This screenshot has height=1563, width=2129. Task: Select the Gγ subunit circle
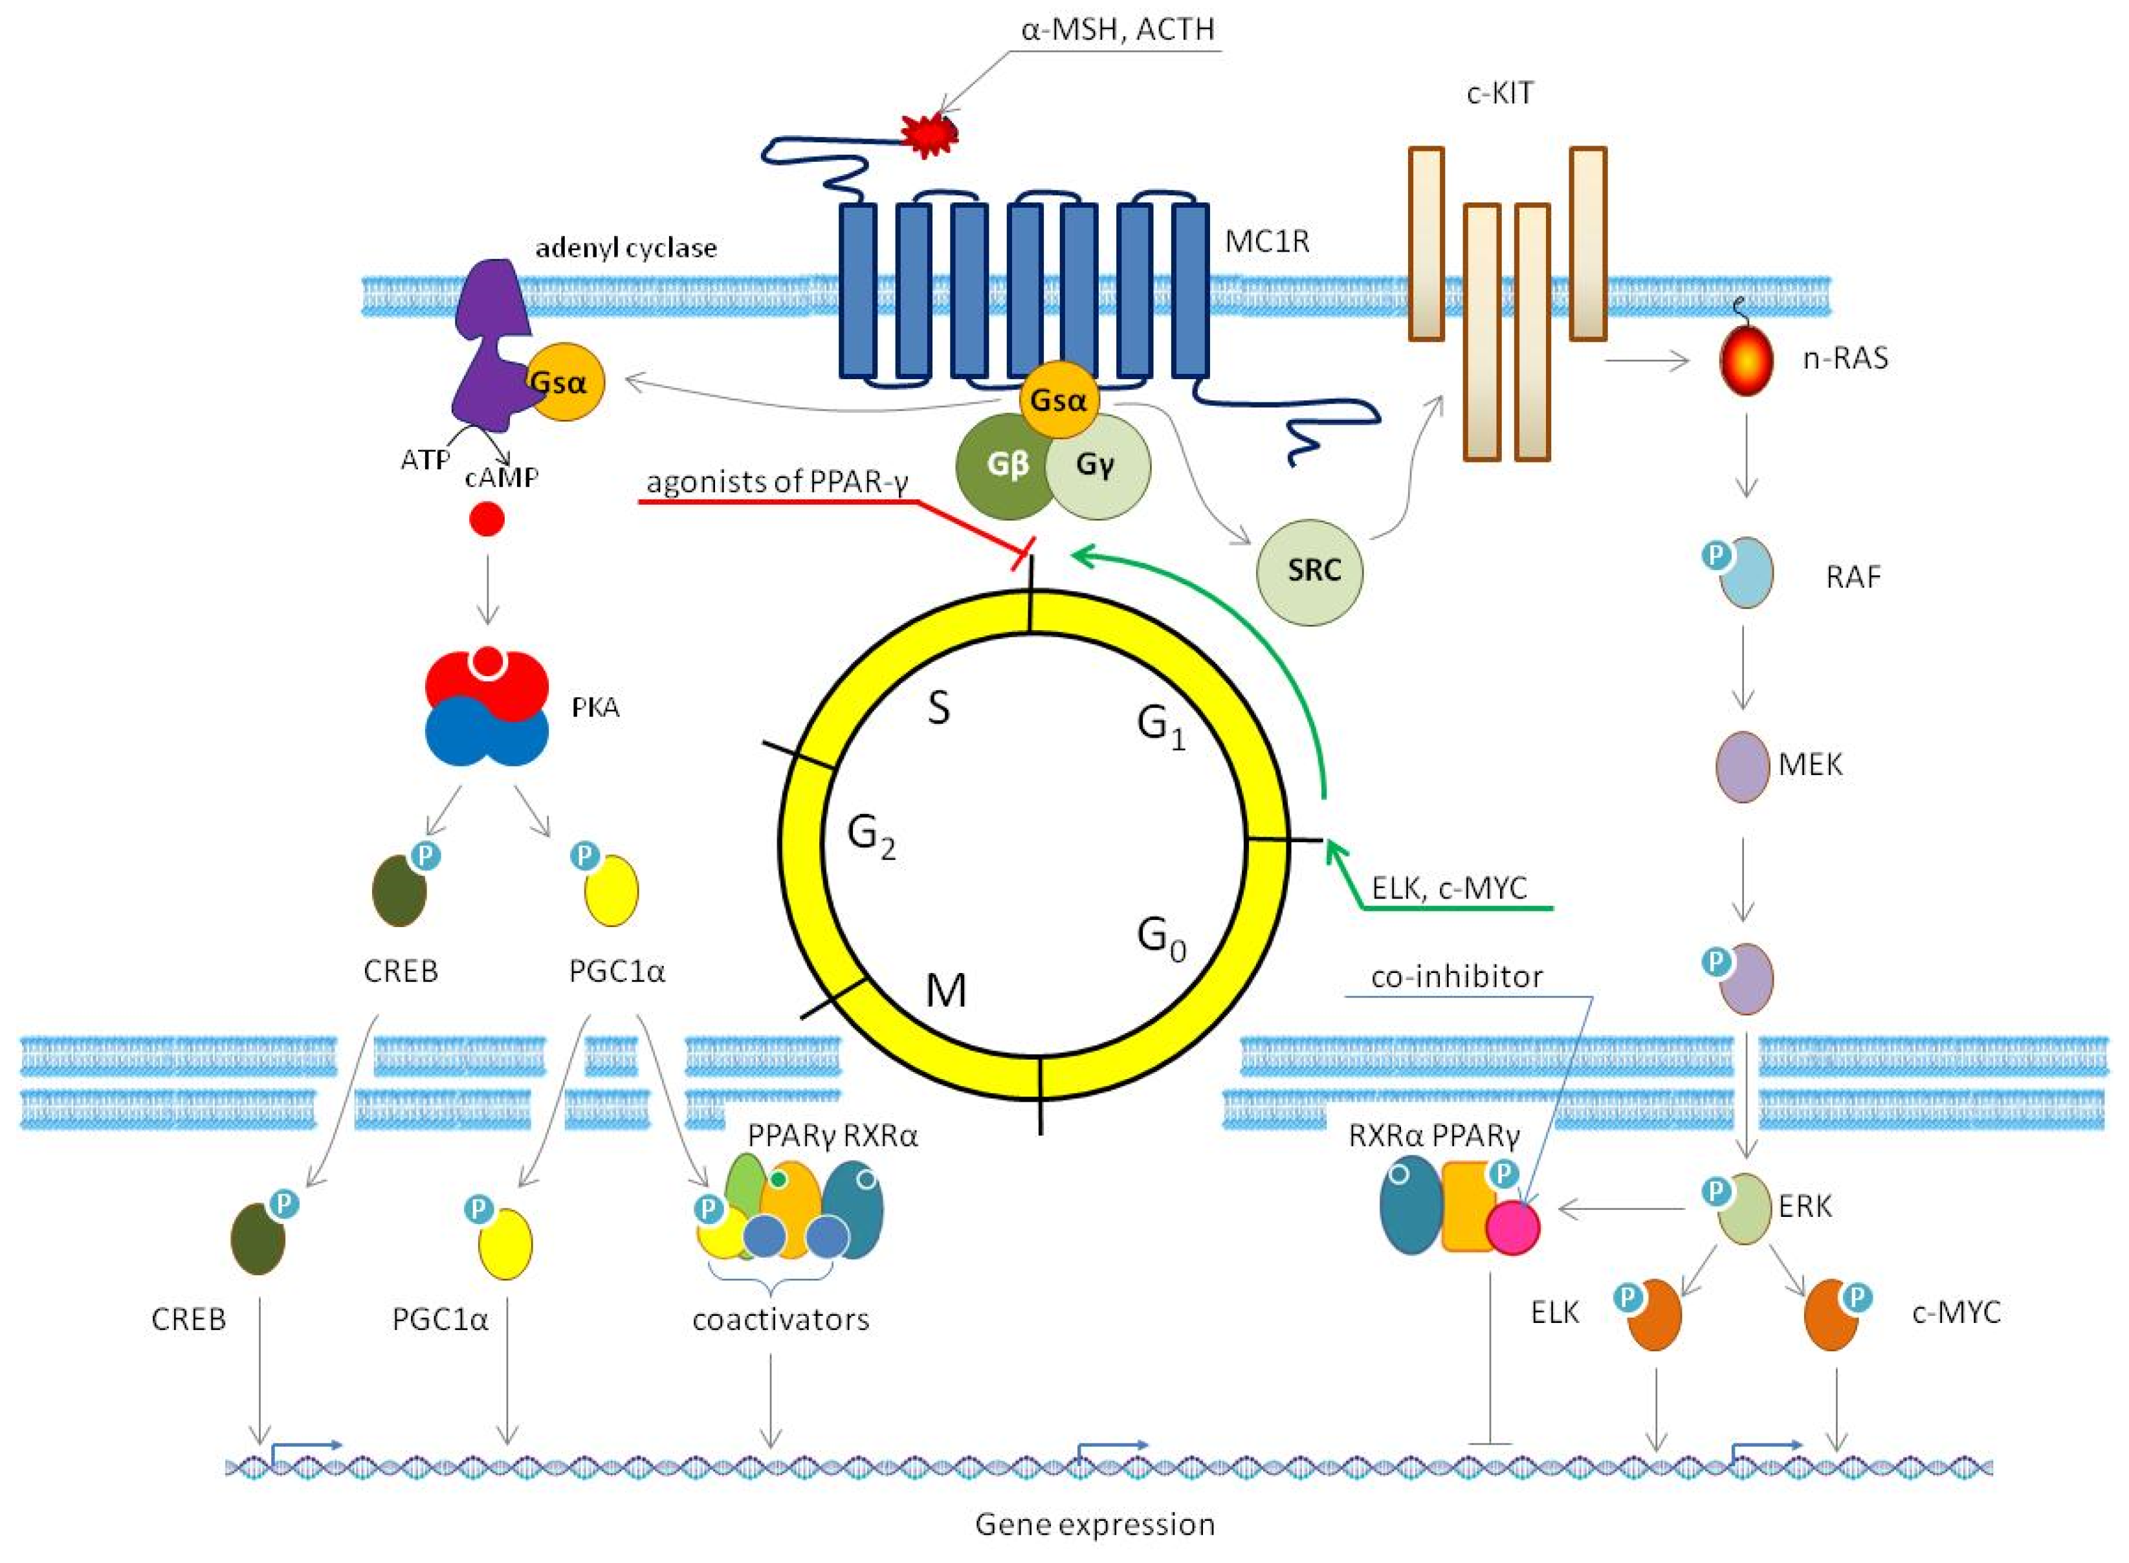1098,466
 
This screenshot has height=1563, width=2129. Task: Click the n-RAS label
1844,358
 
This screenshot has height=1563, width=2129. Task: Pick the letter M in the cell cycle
945,990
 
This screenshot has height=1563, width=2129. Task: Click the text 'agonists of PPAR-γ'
777,483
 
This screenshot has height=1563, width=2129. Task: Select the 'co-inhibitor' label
1456,976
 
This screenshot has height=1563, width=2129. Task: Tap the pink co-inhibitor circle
1512,1228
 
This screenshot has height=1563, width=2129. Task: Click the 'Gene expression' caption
1095,1524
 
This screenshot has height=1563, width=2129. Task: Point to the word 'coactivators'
780,1319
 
